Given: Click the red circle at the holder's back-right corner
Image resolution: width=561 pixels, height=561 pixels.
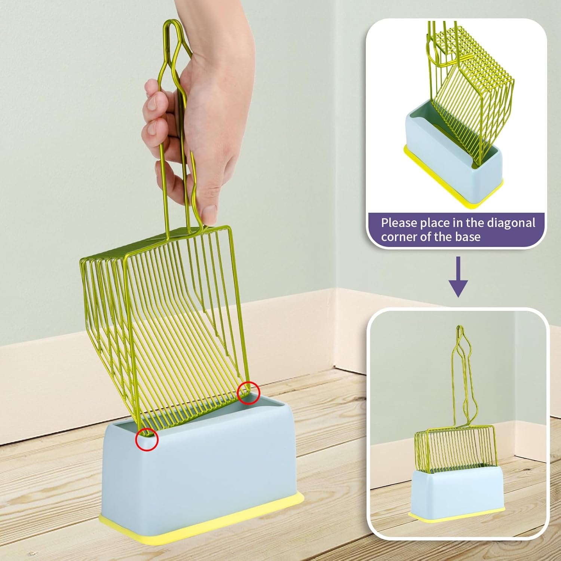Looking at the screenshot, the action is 248,393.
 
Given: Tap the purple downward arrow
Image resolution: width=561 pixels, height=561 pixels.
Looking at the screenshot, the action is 458,277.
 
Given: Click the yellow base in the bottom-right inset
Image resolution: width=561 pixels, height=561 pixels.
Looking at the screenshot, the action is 456,516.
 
